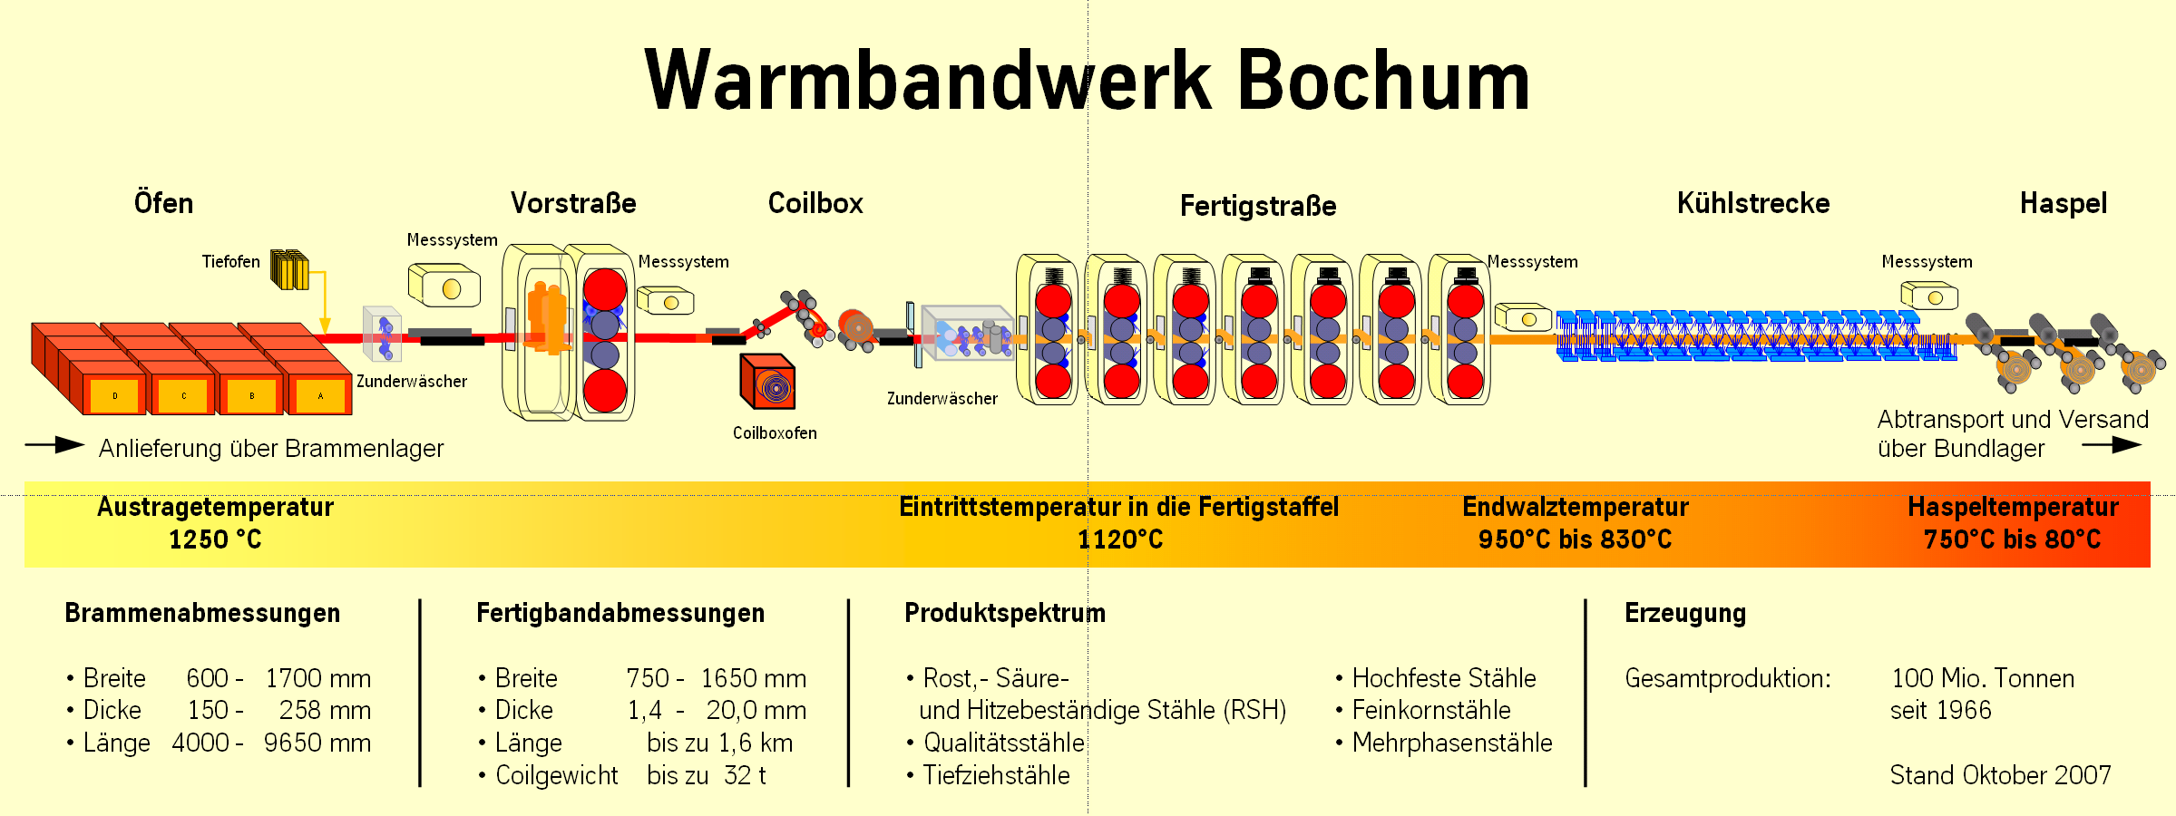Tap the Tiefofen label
pos(230,262)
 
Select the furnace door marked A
pos(320,396)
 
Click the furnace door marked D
pos(115,396)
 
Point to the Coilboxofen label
pos(775,433)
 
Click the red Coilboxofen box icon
pos(768,382)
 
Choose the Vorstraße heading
pos(573,203)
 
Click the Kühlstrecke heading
pos(1752,203)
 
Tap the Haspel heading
pos(2063,203)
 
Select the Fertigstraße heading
pos(1258,206)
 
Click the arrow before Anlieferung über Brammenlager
pos(55,444)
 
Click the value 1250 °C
pos(215,540)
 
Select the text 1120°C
pos(1120,540)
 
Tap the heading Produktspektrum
pos(1005,613)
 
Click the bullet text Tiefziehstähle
pos(996,775)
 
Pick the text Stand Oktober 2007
pos(2000,775)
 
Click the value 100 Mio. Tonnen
pos(1983,678)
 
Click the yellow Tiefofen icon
pos(289,270)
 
